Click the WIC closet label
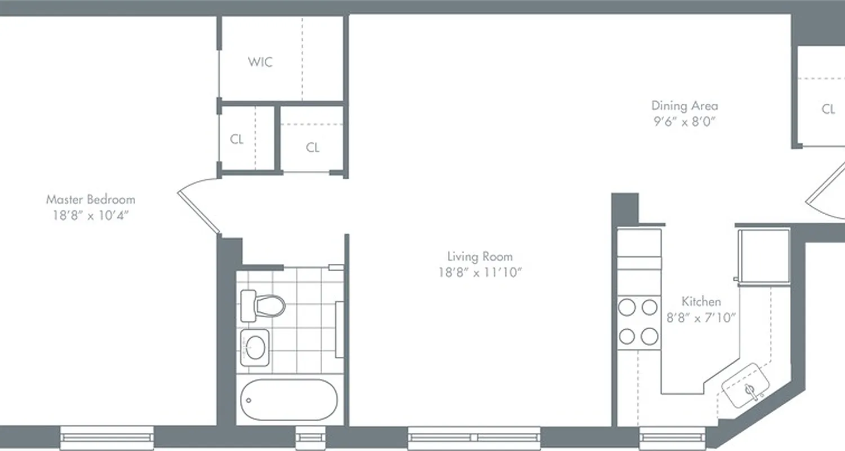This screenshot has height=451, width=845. pos(260,61)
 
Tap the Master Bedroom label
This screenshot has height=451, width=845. pos(91,200)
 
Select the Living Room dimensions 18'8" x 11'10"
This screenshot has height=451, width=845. pos(476,273)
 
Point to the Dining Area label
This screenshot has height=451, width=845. pos(684,105)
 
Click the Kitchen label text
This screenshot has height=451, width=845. pos(701,302)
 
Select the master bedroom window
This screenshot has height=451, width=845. pos(107,437)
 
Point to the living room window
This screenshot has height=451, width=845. pos(474,437)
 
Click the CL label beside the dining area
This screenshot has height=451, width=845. pos(828,109)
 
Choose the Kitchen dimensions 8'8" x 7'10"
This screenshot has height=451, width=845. pos(702,318)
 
